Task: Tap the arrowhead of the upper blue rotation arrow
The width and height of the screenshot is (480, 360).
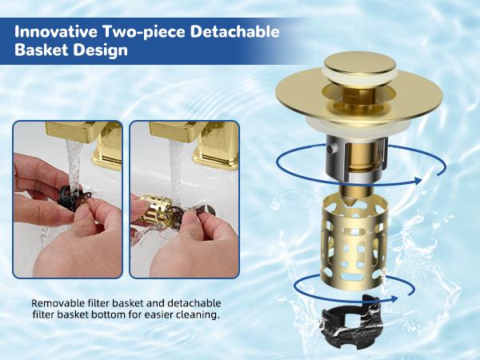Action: point(416,180)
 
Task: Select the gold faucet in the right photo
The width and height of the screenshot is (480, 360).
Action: point(212,144)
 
